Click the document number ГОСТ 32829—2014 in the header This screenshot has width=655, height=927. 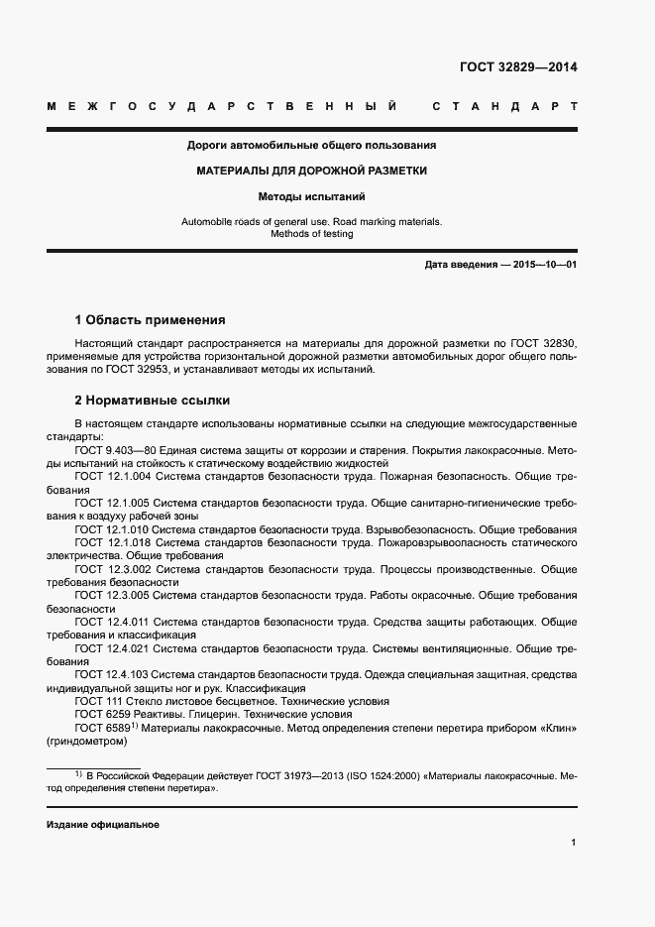517,67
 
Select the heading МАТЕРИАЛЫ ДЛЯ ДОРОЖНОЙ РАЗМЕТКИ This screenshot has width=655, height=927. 312,171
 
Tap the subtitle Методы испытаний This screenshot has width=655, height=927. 312,196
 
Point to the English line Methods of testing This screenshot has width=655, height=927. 312,234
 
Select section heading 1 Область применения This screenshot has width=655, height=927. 151,320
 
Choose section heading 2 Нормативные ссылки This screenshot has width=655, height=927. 153,401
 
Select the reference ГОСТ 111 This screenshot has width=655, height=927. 95,701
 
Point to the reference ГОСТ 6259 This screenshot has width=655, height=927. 99,714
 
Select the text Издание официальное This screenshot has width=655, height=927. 103,825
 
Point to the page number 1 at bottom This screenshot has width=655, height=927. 574,843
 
